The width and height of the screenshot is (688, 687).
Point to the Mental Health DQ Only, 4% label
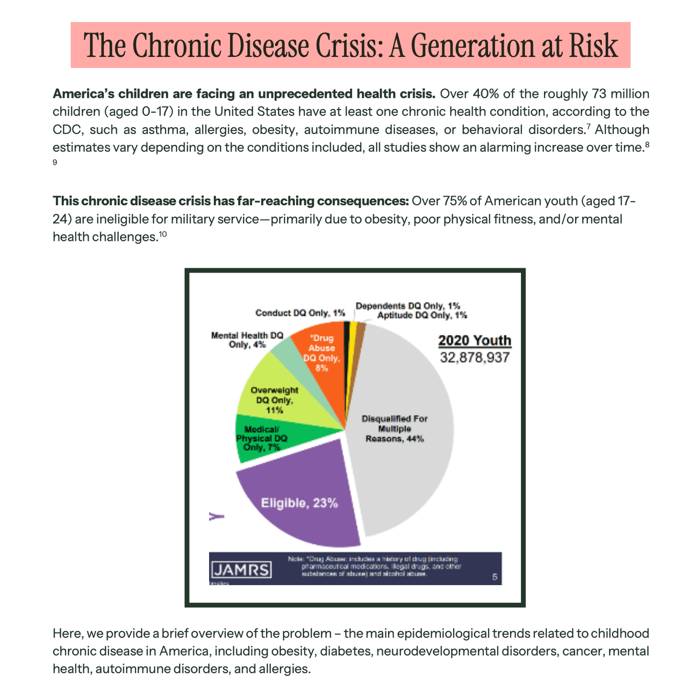click(247, 340)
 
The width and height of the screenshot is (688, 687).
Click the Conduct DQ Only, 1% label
click(300, 313)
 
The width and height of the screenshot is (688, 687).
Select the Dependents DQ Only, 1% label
click(408, 306)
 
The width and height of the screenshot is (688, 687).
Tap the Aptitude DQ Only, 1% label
click(422, 315)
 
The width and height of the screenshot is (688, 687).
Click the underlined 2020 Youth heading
click(475, 341)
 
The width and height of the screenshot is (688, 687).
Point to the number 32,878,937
click(475, 357)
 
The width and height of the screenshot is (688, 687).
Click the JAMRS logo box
click(241, 570)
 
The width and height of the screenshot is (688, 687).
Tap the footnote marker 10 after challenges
click(163, 234)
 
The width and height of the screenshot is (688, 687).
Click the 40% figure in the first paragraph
click(486, 94)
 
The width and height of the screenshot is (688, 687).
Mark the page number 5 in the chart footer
click(495, 577)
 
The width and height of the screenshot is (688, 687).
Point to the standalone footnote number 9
click(55, 162)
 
